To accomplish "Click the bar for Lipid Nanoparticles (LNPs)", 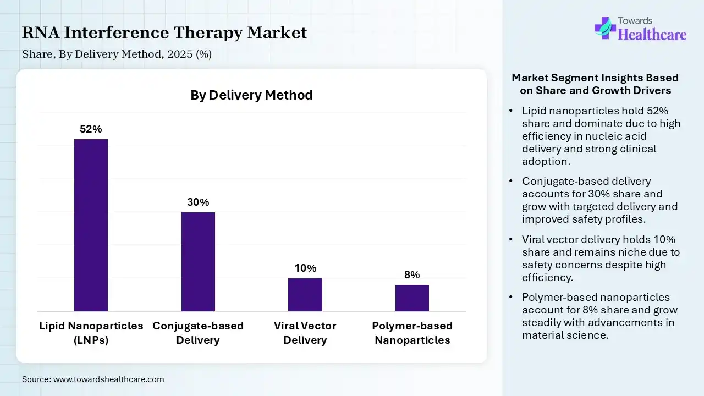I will pyautogui.click(x=91, y=226).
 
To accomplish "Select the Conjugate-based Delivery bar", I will pyautogui.click(x=198, y=262).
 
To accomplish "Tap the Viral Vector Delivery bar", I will pyautogui.click(x=305, y=295).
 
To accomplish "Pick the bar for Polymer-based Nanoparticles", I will pyautogui.click(x=412, y=298).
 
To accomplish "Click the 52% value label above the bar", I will pyautogui.click(x=91, y=129).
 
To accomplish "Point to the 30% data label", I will pyautogui.click(x=198, y=202).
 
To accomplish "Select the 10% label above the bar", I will pyautogui.click(x=305, y=268).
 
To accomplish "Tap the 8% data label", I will pyautogui.click(x=412, y=275).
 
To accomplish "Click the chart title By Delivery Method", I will pyautogui.click(x=251, y=95).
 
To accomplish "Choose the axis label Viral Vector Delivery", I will pyautogui.click(x=305, y=333).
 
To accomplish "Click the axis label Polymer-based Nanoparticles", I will pyautogui.click(x=412, y=333).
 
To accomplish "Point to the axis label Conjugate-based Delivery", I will pyautogui.click(x=198, y=333).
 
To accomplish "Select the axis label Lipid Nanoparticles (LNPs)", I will pyautogui.click(x=91, y=333).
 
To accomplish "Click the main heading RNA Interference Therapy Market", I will pyautogui.click(x=164, y=32).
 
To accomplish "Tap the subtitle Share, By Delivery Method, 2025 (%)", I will pyautogui.click(x=117, y=54).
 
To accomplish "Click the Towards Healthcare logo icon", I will pyautogui.click(x=605, y=28).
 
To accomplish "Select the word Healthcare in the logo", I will pyautogui.click(x=652, y=35).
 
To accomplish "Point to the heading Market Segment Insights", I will pyautogui.click(x=595, y=84).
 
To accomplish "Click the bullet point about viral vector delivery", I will pyautogui.click(x=601, y=258).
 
